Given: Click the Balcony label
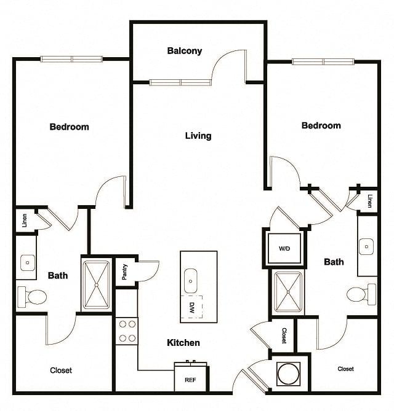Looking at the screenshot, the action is (x=185, y=51).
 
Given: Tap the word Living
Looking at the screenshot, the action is (x=198, y=136).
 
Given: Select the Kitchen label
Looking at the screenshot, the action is (x=183, y=343).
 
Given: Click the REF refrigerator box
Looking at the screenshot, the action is (x=190, y=379).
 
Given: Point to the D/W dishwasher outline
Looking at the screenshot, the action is (x=191, y=307).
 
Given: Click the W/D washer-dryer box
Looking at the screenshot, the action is (x=284, y=248).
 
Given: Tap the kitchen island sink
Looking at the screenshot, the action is (x=190, y=281).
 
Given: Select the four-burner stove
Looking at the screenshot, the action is (x=127, y=331).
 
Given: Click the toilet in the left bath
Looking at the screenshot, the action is (x=32, y=297).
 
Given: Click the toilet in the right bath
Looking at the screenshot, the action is (x=361, y=294).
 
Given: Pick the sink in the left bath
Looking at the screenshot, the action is (x=27, y=263).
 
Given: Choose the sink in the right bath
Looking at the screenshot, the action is (x=366, y=246).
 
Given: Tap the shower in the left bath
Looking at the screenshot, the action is (x=96, y=285).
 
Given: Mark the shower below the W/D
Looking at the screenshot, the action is (x=288, y=292).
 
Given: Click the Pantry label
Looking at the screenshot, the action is (x=125, y=272).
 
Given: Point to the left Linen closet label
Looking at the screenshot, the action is (x=25, y=221).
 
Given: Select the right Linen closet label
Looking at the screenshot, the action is (x=370, y=201).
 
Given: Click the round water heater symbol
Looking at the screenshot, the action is (x=288, y=374).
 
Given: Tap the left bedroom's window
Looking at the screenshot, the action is (x=71, y=59).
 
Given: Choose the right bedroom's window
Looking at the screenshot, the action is (x=323, y=62).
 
